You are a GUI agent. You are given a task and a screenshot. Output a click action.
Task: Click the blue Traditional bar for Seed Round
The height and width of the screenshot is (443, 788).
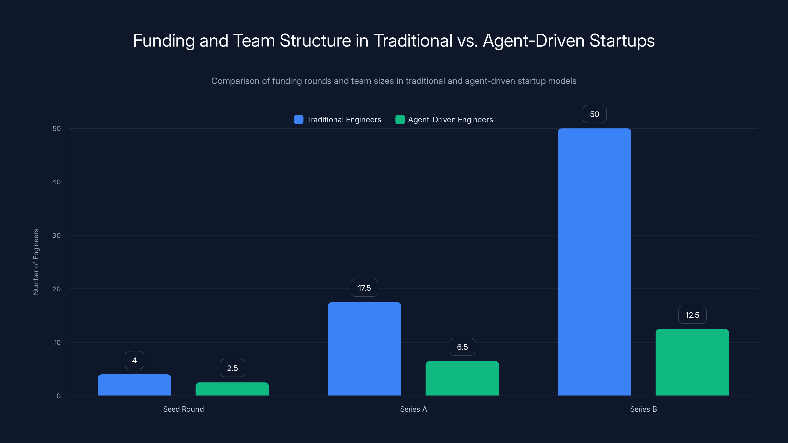coord(134,385)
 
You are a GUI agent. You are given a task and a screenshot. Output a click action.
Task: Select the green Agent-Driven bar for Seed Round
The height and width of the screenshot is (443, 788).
coord(232,389)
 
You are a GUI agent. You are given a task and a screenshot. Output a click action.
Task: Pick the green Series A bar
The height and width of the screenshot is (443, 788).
coord(462,378)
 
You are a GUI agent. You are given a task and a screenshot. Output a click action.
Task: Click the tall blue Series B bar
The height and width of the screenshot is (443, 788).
coord(594,262)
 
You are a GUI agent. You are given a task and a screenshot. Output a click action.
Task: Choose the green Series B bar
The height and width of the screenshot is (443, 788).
coord(692,362)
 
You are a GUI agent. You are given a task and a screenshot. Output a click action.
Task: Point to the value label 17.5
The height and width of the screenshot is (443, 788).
coord(364,288)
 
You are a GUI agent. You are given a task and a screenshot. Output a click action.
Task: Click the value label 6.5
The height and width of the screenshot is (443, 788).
coord(462,347)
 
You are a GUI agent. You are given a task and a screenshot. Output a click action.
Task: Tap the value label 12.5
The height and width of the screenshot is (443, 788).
coord(692,315)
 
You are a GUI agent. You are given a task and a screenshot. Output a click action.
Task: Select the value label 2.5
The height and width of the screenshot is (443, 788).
coord(232,368)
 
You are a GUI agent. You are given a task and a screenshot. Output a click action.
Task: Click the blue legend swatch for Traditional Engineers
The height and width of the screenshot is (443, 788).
coord(298,120)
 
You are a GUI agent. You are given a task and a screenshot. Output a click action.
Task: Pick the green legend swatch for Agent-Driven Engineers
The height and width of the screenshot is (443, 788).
coord(400,120)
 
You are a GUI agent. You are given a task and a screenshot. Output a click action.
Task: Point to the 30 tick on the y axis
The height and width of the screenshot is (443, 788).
coord(56,236)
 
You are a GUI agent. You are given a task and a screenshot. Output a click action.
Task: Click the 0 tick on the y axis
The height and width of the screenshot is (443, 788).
coord(58,396)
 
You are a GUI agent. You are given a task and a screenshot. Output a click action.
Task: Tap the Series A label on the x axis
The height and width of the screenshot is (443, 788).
coord(413,409)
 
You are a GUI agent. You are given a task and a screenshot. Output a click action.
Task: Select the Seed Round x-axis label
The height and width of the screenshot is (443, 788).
coord(183,409)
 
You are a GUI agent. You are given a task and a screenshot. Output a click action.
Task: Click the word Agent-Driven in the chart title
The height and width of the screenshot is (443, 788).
coord(533,41)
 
